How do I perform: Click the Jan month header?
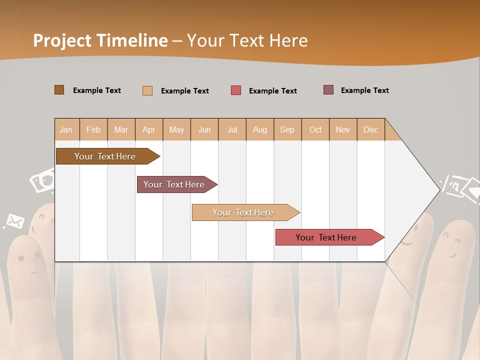[x=66, y=129]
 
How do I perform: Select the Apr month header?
[x=148, y=129]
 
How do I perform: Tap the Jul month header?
[x=232, y=129]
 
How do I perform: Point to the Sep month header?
[x=287, y=129]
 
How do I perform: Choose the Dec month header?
[x=370, y=129]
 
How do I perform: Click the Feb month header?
[x=93, y=129]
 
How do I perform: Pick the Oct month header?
[x=315, y=129]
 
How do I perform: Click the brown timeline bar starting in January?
[x=105, y=156]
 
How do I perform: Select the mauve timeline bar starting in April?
[x=174, y=184]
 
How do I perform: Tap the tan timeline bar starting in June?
[x=243, y=212]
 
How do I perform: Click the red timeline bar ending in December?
[x=326, y=237]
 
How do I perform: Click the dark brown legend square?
[x=59, y=90]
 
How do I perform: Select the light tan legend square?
[x=147, y=90]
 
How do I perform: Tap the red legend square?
[x=236, y=90]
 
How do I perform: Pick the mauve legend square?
[x=328, y=90]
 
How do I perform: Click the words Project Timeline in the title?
[x=100, y=40]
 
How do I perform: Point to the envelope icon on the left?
[x=15, y=220]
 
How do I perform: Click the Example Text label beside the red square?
[x=272, y=91]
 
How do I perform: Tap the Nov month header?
[x=343, y=129]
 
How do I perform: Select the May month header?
[x=176, y=129]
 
